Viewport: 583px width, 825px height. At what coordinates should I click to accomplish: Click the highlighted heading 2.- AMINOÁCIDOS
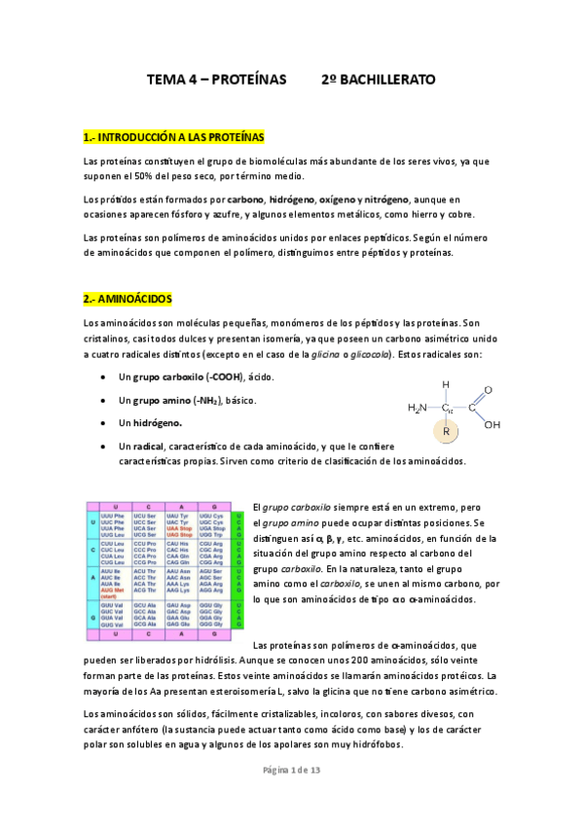[x=128, y=297]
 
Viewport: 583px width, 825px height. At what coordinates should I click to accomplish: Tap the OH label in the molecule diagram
[x=492, y=425]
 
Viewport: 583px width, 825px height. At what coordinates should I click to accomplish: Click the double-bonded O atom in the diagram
[x=488, y=389]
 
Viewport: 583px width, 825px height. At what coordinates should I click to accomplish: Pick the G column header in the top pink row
[x=210, y=507]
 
